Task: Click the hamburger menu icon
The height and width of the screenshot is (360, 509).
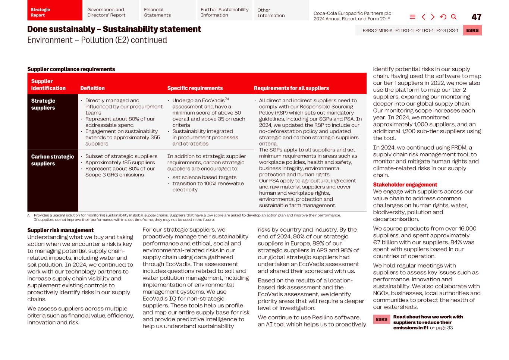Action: pyautogui.click(x=412, y=17)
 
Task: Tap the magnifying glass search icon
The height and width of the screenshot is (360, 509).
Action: pyautogui.click(x=454, y=17)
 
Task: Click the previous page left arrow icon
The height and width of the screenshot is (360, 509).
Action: pyautogui.click(x=423, y=17)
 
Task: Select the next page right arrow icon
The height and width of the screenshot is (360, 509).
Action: pyautogui.click(x=433, y=17)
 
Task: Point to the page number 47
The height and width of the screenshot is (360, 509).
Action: pyautogui.click(x=476, y=17)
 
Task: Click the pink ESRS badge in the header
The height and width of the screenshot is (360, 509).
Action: pyautogui.click(x=472, y=31)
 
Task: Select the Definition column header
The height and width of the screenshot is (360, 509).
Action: pyautogui.click(x=92, y=88)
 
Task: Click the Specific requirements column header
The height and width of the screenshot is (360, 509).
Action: pyautogui.click(x=195, y=88)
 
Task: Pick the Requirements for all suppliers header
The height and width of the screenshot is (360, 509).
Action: pyautogui.click(x=291, y=88)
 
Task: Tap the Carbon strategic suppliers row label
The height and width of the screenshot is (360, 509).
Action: pyautogui.click(x=52, y=160)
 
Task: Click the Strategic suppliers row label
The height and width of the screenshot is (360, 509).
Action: pyautogui.click(x=43, y=104)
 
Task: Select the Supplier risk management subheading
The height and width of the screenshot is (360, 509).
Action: pyautogui.click(x=60, y=230)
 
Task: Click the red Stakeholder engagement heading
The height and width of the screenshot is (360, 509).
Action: pyautogui.click(x=405, y=185)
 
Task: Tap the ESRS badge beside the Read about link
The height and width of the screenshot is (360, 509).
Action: pyautogui.click(x=381, y=320)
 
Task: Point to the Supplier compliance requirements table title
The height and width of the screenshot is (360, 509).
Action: pyautogui.click(x=71, y=69)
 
